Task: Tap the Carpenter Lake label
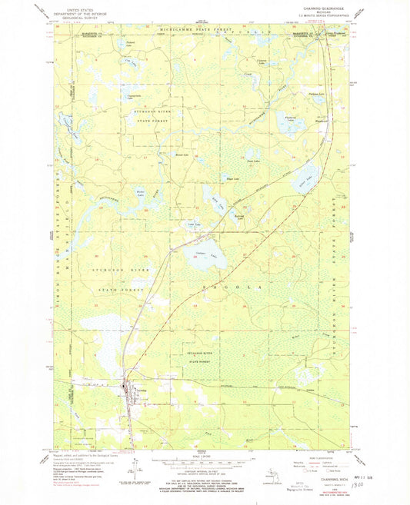(262, 61)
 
